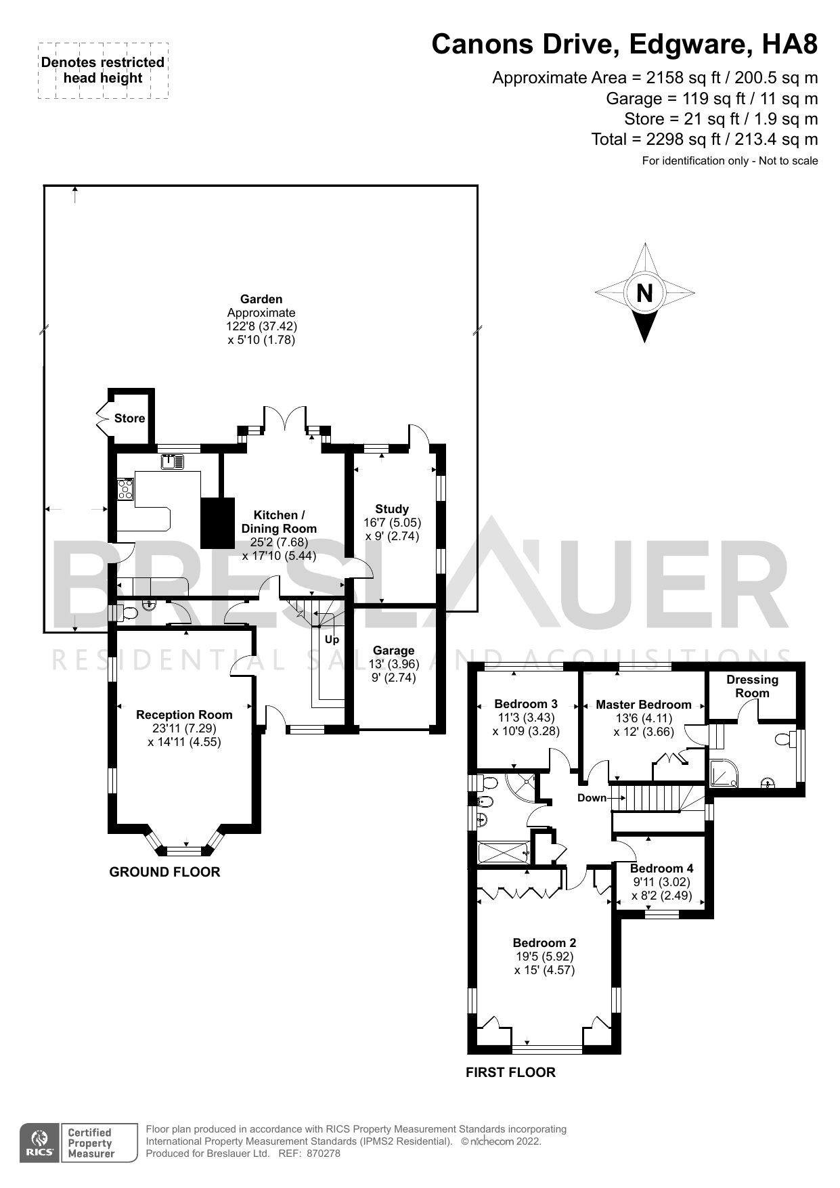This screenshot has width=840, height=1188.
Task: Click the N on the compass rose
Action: (644, 293)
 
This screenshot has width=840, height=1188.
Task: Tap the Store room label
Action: (129, 418)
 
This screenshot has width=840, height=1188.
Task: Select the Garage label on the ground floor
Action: (393, 651)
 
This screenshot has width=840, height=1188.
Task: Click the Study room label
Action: (392, 509)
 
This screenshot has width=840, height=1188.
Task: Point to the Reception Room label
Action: (184, 715)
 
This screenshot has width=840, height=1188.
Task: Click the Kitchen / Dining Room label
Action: (279, 522)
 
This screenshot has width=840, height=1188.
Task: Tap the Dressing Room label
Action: (752, 686)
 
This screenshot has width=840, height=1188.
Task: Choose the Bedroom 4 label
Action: (661, 868)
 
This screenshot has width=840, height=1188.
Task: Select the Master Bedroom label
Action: (643, 705)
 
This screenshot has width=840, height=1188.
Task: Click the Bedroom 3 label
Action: (526, 704)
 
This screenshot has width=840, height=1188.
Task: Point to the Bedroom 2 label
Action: (544, 943)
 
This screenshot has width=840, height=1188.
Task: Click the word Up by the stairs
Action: (332, 639)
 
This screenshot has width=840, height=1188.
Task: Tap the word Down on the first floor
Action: (592, 798)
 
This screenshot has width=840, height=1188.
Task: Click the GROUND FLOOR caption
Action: (164, 872)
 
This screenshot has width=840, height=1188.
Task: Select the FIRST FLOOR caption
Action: (510, 1072)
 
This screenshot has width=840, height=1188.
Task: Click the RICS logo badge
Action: (40, 1143)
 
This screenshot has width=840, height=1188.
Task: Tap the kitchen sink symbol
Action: (173, 462)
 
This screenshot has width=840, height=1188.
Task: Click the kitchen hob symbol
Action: (125, 489)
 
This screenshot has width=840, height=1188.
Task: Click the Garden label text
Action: (261, 299)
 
